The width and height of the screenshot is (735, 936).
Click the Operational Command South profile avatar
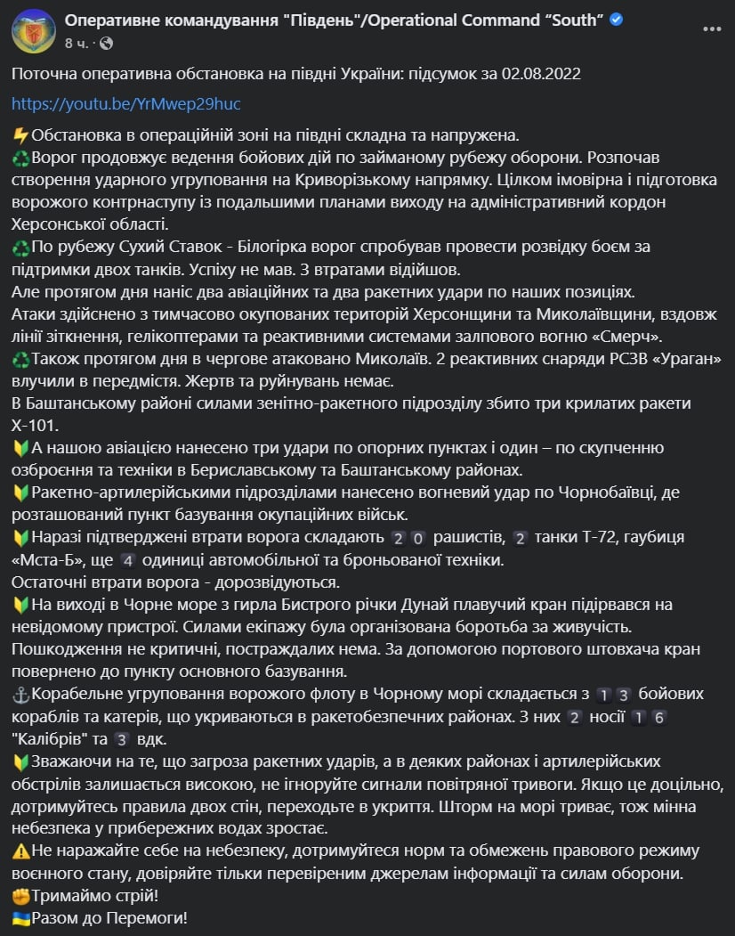(x=34, y=30)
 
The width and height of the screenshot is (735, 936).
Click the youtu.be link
(x=126, y=103)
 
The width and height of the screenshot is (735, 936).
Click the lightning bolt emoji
(x=21, y=135)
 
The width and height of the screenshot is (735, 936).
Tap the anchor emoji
(x=21, y=694)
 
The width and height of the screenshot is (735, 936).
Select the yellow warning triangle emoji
(x=21, y=851)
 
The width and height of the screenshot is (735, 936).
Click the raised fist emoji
(x=21, y=895)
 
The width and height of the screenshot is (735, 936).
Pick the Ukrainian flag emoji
(x=21, y=917)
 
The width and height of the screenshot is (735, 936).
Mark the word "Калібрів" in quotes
(x=52, y=738)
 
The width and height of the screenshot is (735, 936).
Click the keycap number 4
(x=128, y=560)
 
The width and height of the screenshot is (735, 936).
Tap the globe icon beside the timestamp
(x=107, y=42)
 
